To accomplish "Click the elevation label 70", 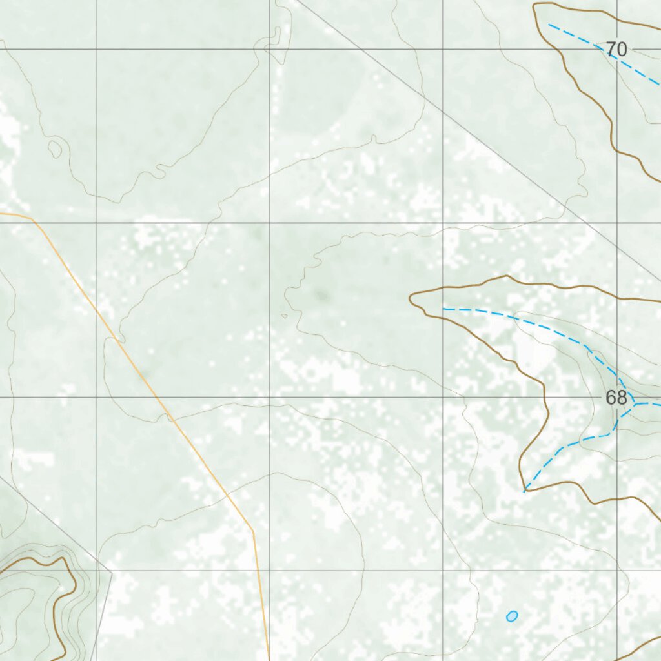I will [616, 49].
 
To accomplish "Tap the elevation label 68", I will [616, 398].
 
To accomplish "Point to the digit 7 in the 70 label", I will [611, 49].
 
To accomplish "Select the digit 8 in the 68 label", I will [622, 398].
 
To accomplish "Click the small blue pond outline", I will [512, 616].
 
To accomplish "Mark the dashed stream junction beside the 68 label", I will [635, 405].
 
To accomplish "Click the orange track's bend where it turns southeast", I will [32, 220].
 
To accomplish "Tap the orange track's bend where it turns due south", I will [253, 531].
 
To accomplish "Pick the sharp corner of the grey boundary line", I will [112, 572].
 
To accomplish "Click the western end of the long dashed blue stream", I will [443, 309].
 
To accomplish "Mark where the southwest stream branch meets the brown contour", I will [524, 491].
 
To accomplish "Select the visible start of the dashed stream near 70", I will [549, 25].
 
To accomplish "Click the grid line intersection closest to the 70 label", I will [617, 49].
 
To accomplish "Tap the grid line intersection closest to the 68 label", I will [617, 397].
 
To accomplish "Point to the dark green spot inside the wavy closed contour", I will [321, 296].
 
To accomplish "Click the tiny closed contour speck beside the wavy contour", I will [284, 316].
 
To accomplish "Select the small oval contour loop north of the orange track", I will [55, 149].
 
